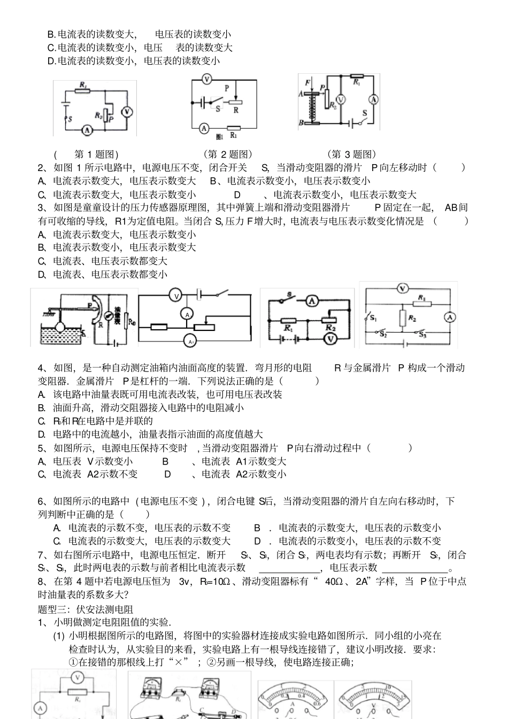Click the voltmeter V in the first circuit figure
[x=127, y=111]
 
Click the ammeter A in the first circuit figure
[x=87, y=129]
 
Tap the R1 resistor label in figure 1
[x=83, y=84]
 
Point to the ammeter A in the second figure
[x=203, y=128]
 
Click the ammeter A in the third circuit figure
[x=374, y=99]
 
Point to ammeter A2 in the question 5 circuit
[x=188, y=341]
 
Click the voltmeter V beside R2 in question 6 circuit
[x=331, y=338]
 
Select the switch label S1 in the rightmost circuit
[x=373, y=319]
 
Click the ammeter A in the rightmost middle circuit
[x=450, y=317]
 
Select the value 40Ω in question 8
[x=335, y=582]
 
